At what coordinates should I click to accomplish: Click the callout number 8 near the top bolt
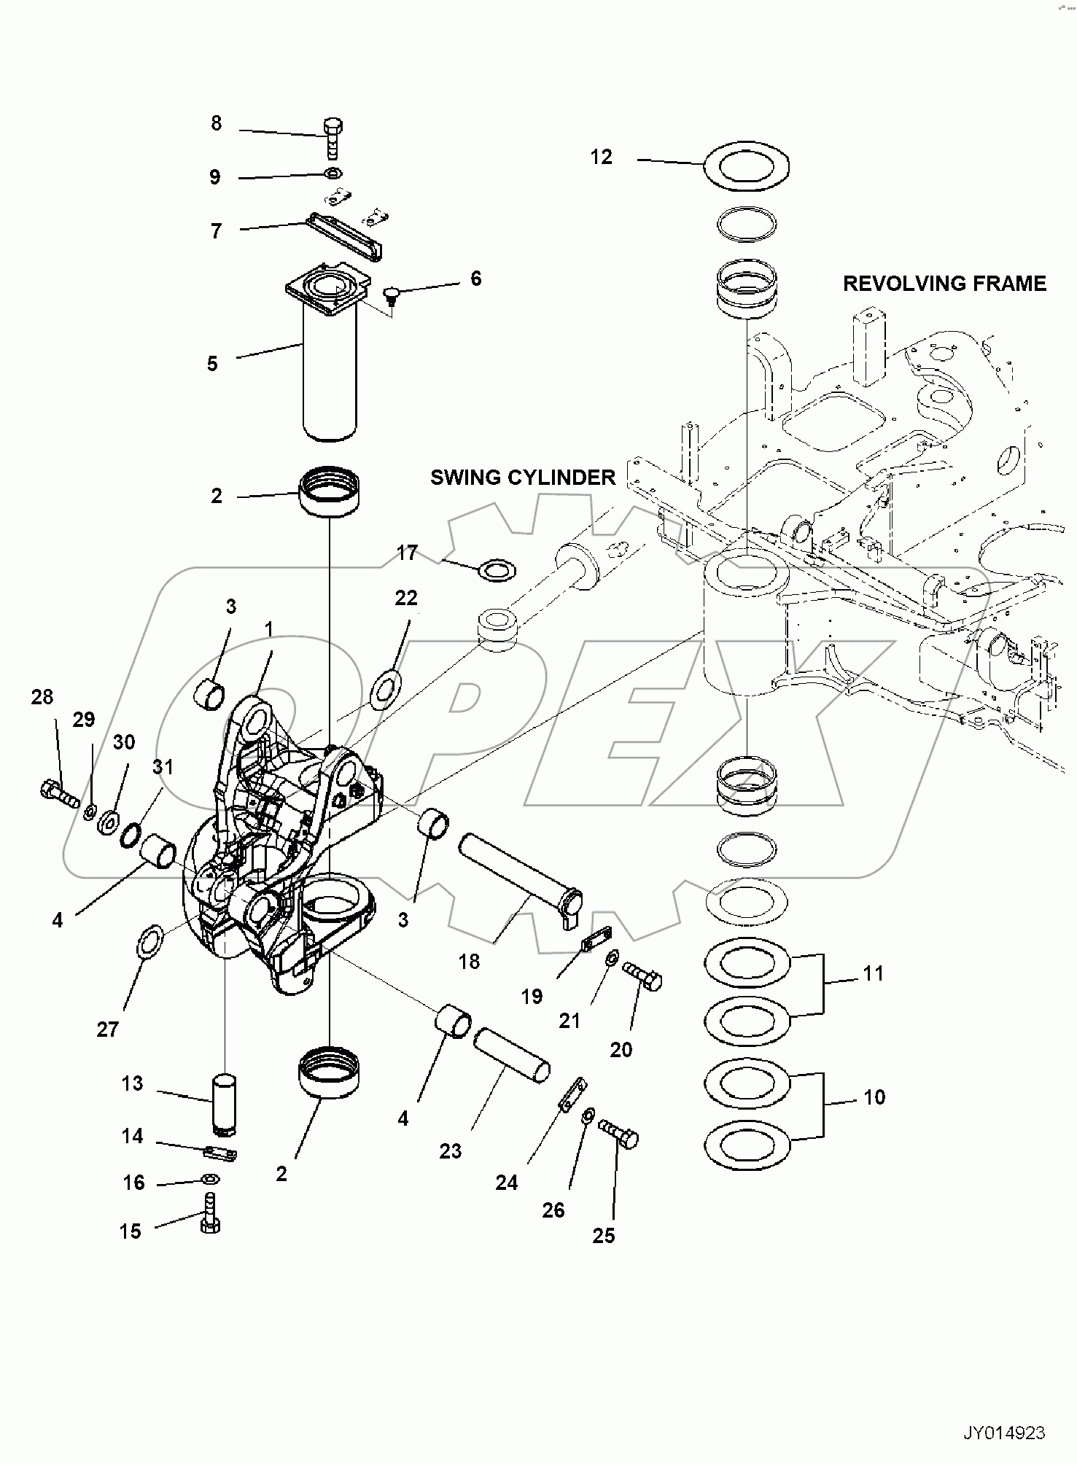[x=216, y=123]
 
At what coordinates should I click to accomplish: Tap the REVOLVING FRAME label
[x=944, y=284]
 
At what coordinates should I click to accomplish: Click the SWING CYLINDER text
[x=523, y=478]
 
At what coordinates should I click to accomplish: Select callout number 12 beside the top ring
[x=601, y=157]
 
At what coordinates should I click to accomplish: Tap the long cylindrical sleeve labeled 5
[x=330, y=372]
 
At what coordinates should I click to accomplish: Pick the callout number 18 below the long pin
[x=469, y=962]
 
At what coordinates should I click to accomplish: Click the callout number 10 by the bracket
[x=874, y=1097]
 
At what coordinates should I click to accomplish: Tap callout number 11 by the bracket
[x=873, y=973]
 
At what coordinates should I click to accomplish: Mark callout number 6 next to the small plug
[x=475, y=279]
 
